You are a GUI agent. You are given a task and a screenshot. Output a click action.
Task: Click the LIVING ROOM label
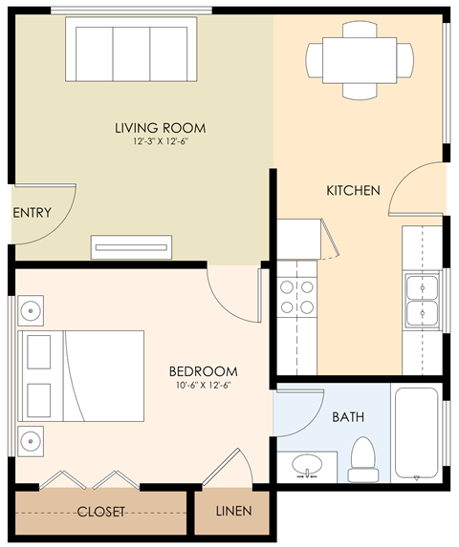coord(160,128)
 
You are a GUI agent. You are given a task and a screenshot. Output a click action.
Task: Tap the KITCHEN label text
coord(354,191)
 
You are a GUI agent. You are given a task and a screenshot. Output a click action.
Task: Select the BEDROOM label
coord(203,371)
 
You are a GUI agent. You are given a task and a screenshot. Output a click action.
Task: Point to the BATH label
coord(347,417)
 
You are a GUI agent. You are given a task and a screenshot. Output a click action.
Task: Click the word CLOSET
coord(101,512)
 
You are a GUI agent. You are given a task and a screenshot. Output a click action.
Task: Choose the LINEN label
coord(233,512)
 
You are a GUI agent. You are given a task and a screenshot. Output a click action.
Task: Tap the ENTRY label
coord(32,213)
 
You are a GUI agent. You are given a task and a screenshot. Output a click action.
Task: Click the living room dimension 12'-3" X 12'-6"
coord(160,142)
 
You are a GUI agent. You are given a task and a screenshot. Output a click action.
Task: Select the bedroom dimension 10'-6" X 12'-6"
coord(203,386)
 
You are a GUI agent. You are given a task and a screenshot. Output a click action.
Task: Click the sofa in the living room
coord(131,51)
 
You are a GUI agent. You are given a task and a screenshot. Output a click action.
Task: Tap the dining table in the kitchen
coord(360,60)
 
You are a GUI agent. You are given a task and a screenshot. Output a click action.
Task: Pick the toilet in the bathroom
coord(363,459)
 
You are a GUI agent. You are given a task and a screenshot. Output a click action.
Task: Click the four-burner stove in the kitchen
coord(296,297)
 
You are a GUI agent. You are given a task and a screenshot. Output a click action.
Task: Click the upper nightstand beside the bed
coord(32,311)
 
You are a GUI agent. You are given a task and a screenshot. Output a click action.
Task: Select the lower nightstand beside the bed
coord(32,440)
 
